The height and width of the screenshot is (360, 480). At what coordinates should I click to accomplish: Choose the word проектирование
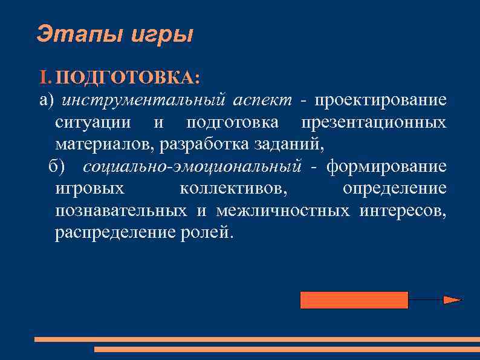point(380,100)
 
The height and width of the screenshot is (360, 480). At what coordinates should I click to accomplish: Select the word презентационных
point(374,122)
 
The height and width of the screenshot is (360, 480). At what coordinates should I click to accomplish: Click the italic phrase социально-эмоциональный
point(192,166)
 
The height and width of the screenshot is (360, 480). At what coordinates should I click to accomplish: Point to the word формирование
point(386,166)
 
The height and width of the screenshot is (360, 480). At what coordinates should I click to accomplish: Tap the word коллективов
point(234,189)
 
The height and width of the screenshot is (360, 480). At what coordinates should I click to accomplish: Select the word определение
point(395,189)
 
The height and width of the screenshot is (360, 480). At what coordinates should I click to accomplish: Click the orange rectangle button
point(354,300)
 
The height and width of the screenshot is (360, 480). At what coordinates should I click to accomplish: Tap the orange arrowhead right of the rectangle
point(452,299)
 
